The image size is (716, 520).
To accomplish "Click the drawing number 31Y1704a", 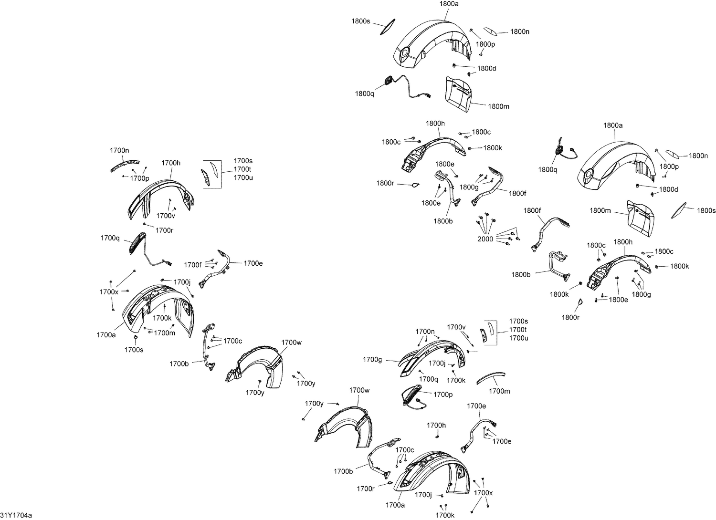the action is [16, 515].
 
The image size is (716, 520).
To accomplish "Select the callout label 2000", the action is [485, 239].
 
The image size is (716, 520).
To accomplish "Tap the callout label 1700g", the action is [372, 360].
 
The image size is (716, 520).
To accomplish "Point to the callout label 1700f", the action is [193, 265].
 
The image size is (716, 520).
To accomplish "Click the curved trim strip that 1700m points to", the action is [491, 377].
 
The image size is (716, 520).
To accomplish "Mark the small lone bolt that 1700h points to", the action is [437, 436].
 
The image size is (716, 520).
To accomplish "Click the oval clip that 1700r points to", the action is [390, 483].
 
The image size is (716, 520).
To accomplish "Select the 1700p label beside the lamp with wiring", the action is [443, 395].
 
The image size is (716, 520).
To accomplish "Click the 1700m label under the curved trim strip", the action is [499, 391].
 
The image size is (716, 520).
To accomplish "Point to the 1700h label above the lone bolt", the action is [436, 425].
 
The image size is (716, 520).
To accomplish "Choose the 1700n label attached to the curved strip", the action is [119, 150].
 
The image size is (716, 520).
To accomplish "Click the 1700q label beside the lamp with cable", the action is [110, 238].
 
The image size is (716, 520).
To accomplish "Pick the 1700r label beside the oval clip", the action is [366, 489].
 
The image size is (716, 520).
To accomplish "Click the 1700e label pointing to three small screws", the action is [502, 441].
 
